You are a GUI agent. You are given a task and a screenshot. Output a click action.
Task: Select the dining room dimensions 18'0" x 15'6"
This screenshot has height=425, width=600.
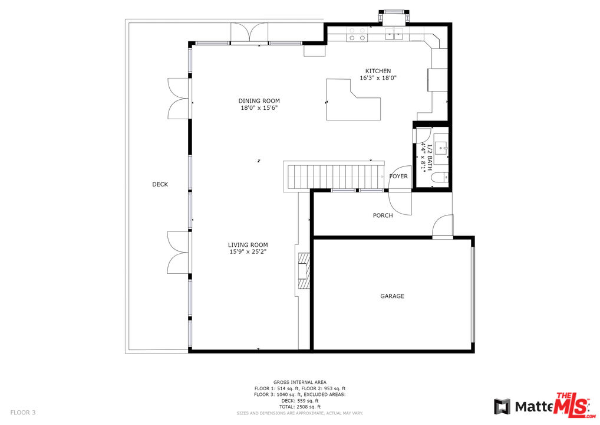259,108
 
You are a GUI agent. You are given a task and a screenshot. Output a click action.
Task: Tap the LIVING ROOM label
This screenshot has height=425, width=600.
248,245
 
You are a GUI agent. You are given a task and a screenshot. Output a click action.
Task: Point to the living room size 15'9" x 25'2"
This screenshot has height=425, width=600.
248,252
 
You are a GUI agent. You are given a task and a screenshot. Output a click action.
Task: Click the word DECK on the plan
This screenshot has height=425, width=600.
160,185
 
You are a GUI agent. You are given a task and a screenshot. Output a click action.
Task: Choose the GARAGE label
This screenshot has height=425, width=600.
392,296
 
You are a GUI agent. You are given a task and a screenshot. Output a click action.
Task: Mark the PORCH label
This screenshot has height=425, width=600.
383,215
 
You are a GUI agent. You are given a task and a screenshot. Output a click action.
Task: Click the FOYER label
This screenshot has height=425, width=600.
398,176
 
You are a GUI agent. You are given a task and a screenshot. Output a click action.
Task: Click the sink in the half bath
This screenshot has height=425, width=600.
443,147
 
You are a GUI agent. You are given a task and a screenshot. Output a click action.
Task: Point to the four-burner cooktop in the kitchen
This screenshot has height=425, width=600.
356,34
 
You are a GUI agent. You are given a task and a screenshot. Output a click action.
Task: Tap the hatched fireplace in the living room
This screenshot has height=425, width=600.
303,271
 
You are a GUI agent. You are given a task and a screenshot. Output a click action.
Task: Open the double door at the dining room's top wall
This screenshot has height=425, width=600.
249,33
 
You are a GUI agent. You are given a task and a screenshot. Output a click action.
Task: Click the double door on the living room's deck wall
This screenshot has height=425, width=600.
178,252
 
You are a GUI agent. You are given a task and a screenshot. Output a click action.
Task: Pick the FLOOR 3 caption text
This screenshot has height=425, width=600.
23,413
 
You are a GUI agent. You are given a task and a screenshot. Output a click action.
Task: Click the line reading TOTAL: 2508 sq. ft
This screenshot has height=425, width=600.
299,407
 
